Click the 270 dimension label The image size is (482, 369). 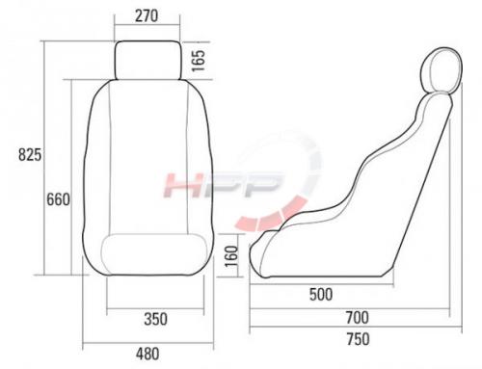[x=147, y=16]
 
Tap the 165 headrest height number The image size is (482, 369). [x=199, y=61]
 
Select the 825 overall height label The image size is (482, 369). [x=30, y=155]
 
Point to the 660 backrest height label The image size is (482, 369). [x=58, y=199]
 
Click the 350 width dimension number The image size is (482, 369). [x=156, y=319]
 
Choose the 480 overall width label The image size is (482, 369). [x=147, y=355]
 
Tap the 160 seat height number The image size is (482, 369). [x=231, y=256]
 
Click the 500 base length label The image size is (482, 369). [x=321, y=295]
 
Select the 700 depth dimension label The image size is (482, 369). [x=358, y=318]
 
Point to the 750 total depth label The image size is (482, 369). [x=358, y=339]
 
